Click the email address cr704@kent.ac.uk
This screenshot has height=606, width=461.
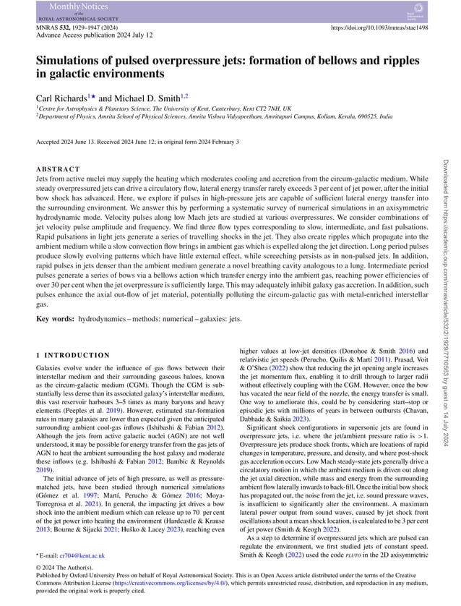point(82,555)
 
